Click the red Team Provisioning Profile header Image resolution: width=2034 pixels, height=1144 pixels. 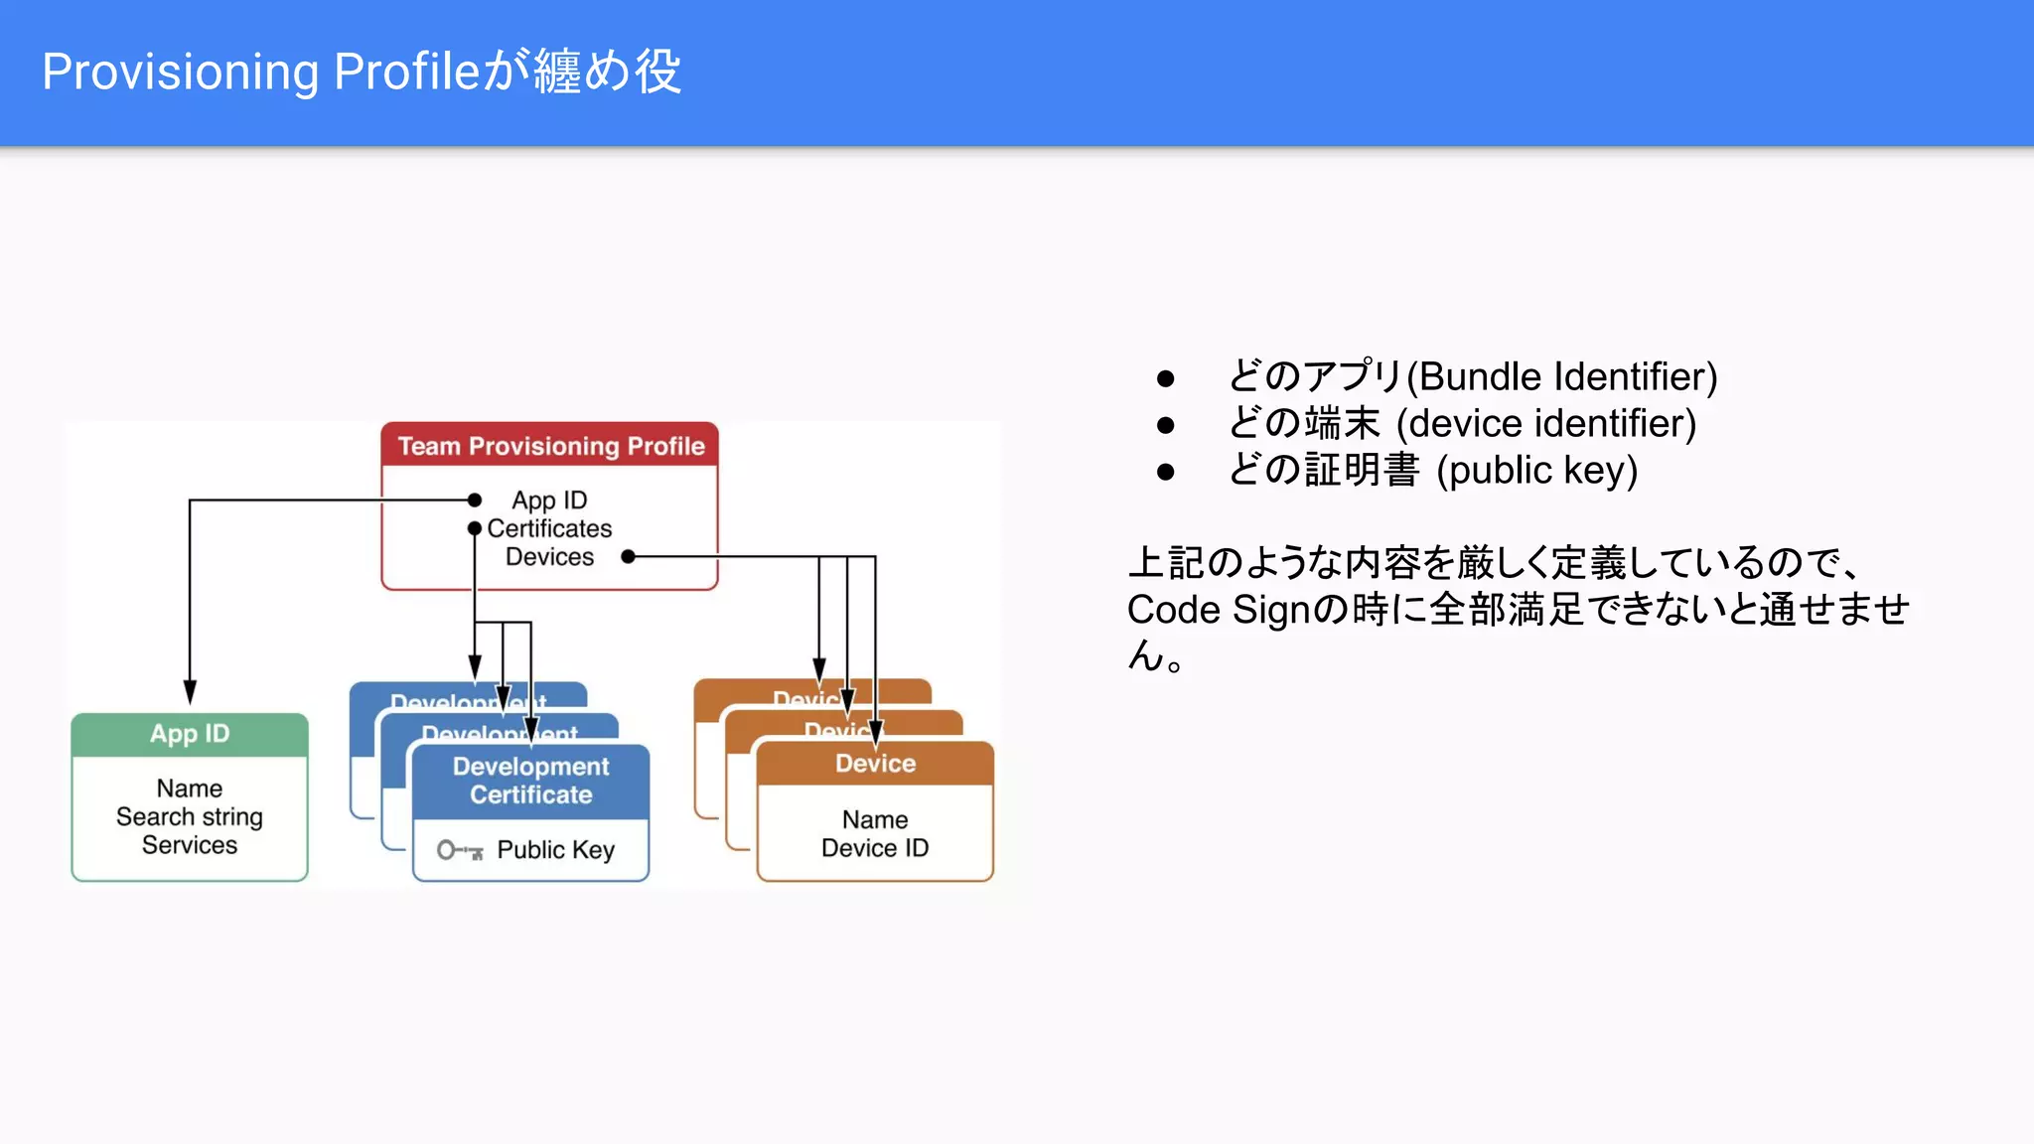pyautogui.click(x=550, y=446)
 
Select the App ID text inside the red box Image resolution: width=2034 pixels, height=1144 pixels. pyautogui.click(x=549, y=500)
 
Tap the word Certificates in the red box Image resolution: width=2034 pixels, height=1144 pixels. pyautogui.click(x=549, y=528)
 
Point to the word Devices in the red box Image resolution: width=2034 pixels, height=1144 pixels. pyautogui.click(x=549, y=556)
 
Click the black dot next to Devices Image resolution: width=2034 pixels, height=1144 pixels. pyautogui.click(x=628, y=556)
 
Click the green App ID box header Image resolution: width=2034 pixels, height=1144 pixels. pyautogui.click(x=190, y=734)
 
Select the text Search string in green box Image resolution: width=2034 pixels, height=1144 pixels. pyautogui.click(x=190, y=816)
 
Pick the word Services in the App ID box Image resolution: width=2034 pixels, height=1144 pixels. pyautogui.click(x=190, y=845)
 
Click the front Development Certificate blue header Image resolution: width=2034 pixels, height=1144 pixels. pyautogui.click(x=530, y=781)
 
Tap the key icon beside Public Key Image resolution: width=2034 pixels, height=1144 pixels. pyautogui.click(x=460, y=850)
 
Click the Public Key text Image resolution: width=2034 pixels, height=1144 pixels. pyautogui.click(x=555, y=850)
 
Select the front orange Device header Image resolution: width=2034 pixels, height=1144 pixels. pyautogui.click(x=875, y=764)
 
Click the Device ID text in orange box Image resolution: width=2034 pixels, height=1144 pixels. pyautogui.click(x=875, y=848)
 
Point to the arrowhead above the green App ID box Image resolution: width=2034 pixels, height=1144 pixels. pyautogui.click(x=190, y=692)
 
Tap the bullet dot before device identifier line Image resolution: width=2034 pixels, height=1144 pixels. pyautogui.click(x=1166, y=425)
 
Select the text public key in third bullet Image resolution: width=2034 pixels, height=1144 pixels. pyautogui.click(x=1536, y=471)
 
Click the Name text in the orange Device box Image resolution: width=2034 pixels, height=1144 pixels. pyautogui.click(x=875, y=819)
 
